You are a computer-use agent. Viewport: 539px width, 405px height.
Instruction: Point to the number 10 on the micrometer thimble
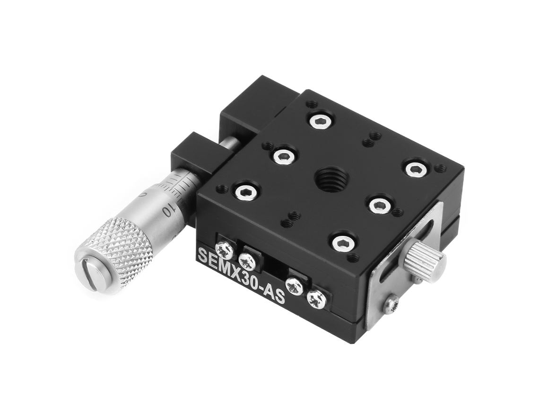(169, 210)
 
